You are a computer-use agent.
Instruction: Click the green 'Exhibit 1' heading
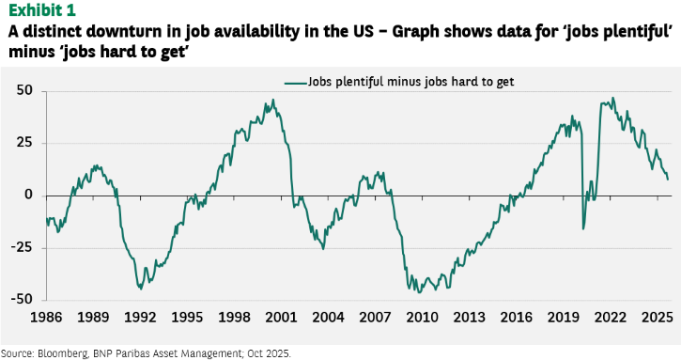41,9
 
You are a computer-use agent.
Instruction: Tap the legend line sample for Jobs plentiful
296,82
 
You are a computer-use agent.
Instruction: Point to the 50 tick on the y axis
24,90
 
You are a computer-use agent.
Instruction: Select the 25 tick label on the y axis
24,143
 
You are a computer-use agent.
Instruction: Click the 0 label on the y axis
29,195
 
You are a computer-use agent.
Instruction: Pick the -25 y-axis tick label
23,247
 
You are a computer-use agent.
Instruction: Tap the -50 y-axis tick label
23,299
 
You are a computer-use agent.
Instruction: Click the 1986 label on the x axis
46,318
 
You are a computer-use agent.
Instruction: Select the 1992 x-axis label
140,318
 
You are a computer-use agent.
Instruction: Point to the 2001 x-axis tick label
281,318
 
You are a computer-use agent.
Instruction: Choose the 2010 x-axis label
422,318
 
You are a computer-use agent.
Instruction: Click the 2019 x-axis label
564,318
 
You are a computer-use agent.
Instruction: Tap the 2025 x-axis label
658,318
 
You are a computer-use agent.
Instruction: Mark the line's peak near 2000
273,100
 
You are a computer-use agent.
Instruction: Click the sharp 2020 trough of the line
583,229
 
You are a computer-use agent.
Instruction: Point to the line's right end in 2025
668,180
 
